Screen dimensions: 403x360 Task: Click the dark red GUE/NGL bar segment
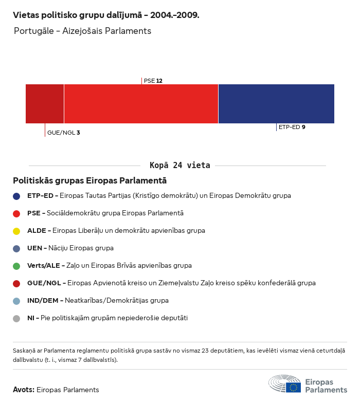tap(45, 104)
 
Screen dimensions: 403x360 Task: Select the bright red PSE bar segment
tap(141, 104)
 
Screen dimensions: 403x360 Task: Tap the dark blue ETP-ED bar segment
tap(276, 104)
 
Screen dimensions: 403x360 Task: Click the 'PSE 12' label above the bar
tap(153, 81)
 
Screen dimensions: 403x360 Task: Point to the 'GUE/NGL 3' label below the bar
tap(63, 133)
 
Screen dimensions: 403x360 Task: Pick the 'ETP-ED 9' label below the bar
tap(292, 127)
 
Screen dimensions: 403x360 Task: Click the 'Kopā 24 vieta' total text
tap(180, 166)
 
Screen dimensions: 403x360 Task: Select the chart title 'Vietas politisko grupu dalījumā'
tap(106, 15)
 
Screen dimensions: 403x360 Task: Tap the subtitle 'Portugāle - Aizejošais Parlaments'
tap(82, 31)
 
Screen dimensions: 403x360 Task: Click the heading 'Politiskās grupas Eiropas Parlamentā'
tap(89, 181)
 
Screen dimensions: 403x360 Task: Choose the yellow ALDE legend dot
tap(16, 231)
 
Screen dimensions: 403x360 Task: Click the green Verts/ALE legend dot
tap(16, 266)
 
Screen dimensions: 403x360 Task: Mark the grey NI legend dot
tap(16, 318)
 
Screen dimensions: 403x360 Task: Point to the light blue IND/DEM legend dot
tap(16, 301)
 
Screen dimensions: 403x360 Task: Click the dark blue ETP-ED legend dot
tap(16, 196)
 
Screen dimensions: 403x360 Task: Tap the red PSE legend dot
tap(16, 213)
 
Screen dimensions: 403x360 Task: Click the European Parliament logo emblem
tap(285, 384)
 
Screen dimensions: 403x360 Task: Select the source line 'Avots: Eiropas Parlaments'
tap(56, 390)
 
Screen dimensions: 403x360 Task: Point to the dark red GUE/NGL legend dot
tap(16, 283)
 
